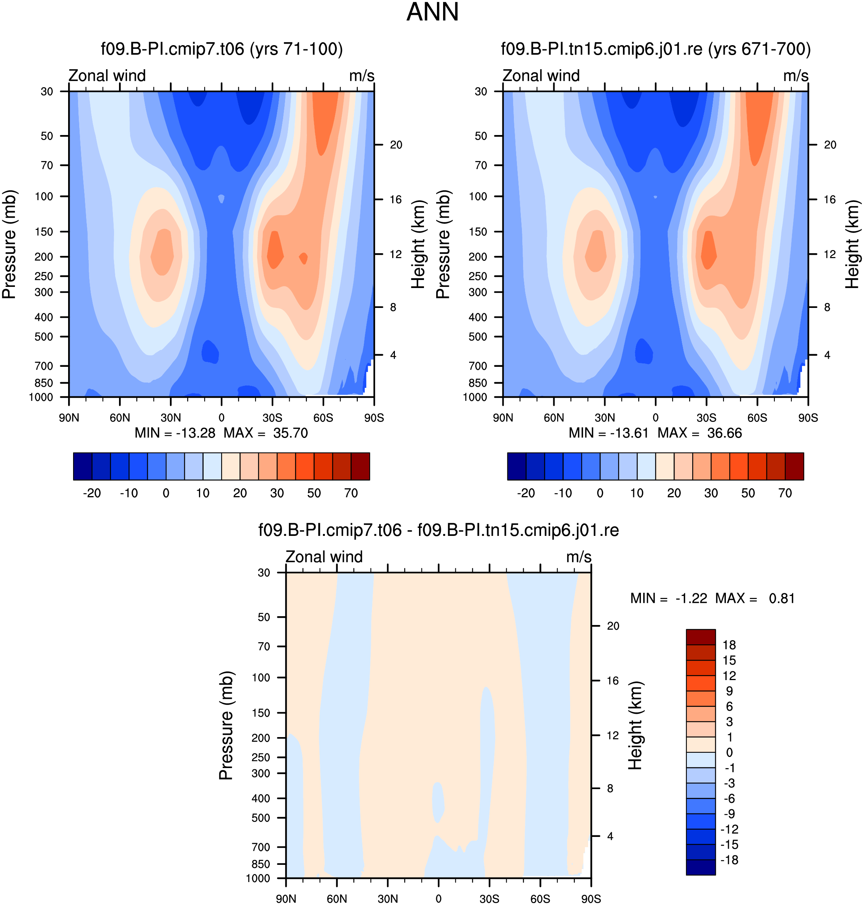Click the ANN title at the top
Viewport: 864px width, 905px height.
tap(432, 12)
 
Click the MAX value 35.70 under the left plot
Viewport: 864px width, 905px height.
tap(290, 433)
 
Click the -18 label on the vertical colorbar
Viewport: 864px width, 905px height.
tap(729, 860)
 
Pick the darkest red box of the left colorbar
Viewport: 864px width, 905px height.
tap(360, 466)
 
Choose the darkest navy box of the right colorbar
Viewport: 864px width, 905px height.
tap(517, 466)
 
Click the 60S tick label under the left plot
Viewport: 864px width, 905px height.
tap(323, 418)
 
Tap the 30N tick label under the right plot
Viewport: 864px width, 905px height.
tap(605, 418)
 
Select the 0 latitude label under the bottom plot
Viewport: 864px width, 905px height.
tap(439, 899)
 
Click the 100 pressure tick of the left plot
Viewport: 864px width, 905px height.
tap(44, 197)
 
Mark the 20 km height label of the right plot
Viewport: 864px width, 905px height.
tap(830, 145)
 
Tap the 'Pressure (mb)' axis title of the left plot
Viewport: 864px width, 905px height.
tap(9, 244)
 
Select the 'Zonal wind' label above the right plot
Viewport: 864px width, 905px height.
tap(541, 75)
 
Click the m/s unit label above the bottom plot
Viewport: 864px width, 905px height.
tap(579, 557)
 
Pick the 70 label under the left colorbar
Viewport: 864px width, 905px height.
tap(351, 493)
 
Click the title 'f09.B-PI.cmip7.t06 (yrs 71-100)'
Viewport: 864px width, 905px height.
tap(222, 49)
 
